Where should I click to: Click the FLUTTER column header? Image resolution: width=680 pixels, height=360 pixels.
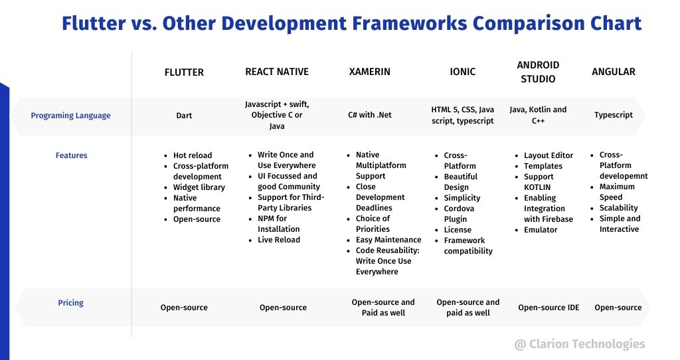pos(184,72)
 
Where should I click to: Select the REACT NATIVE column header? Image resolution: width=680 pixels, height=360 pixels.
pos(277,72)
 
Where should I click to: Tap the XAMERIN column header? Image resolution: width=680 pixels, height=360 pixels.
pos(369,72)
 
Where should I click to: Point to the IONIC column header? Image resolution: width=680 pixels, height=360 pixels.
pos(463,72)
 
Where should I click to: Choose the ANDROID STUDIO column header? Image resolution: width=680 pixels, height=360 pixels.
pos(538,72)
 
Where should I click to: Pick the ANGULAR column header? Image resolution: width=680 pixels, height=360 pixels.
pos(614,72)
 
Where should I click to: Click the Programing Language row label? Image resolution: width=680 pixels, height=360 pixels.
pos(70,116)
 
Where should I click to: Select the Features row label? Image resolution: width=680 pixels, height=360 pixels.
pos(71,155)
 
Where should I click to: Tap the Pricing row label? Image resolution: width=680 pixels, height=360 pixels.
pos(70,303)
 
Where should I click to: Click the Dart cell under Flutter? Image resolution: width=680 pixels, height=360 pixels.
pos(184,116)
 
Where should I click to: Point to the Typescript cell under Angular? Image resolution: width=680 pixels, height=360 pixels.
pos(614,115)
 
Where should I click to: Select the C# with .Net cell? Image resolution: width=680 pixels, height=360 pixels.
pos(370,115)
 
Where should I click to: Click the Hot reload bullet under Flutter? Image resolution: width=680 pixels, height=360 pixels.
pos(193,155)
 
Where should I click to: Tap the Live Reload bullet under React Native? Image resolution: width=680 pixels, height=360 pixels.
pos(278,240)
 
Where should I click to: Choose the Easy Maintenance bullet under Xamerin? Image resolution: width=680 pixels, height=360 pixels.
pos(388,240)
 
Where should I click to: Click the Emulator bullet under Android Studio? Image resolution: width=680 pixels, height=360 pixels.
pos(541,230)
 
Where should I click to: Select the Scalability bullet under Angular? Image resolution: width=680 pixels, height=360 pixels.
pos(618,208)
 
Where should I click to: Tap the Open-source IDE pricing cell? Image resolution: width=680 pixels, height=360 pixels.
pos(549,308)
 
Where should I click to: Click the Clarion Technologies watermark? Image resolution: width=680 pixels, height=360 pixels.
pos(580,344)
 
